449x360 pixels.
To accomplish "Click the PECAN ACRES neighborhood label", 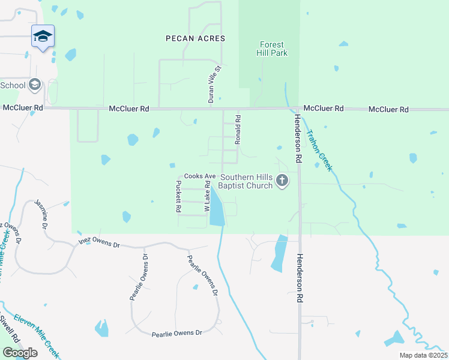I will coord(195,38).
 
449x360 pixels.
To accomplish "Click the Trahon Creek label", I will coord(319,151).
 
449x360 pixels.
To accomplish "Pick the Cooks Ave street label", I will coord(199,176).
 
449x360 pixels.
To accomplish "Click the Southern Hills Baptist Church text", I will coord(246,181).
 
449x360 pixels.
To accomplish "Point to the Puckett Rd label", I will coord(178,197).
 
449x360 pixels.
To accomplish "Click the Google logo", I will coord(20,353).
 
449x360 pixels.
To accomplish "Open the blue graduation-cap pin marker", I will coord(43,37).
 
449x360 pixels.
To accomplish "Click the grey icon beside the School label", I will coord(34,85).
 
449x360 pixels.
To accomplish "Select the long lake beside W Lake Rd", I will coord(217,211).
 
